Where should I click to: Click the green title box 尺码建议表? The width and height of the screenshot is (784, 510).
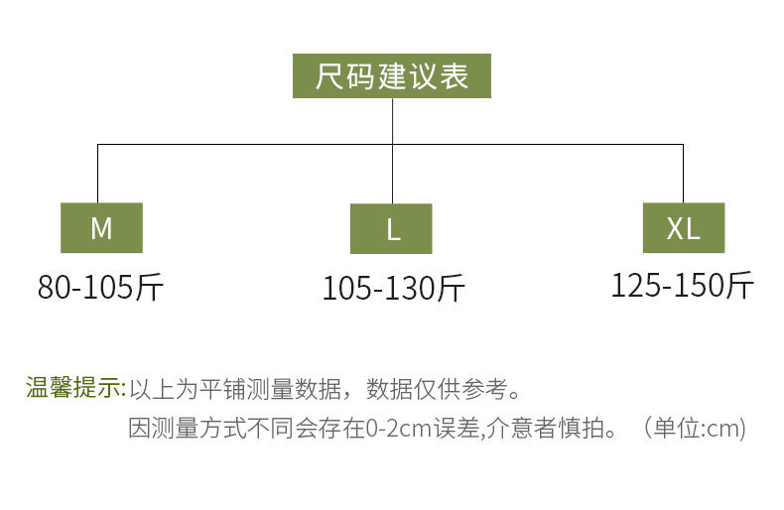click(391, 76)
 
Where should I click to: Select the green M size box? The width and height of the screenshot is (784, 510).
click(101, 227)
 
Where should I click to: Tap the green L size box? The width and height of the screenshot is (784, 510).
click(391, 228)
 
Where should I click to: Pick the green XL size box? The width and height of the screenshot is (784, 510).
click(684, 227)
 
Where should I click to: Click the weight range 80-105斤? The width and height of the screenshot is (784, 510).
click(100, 288)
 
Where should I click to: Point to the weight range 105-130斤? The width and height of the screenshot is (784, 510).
click(394, 289)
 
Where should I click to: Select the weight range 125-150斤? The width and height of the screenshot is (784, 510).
click(683, 286)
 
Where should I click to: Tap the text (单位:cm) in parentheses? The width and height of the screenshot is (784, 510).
click(695, 429)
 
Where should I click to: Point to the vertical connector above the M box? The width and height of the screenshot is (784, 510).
click(97, 174)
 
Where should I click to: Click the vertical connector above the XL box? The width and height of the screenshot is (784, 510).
click(683, 174)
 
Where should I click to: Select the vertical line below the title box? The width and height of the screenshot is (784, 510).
click(393, 151)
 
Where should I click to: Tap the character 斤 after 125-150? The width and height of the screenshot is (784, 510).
click(740, 286)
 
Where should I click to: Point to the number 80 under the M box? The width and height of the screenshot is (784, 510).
click(54, 288)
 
